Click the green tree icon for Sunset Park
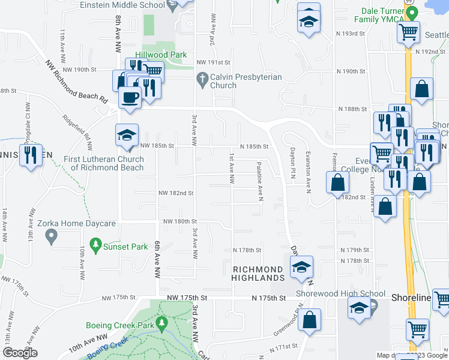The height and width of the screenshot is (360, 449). [95, 245]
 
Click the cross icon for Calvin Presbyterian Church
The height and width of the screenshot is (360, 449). [203, 79]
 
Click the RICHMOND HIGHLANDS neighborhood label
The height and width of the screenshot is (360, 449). [258, 274]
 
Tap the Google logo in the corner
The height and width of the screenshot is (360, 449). [20, 353]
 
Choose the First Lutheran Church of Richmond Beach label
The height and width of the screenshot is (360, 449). [104, 163]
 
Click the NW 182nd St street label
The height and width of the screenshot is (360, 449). [176, 193]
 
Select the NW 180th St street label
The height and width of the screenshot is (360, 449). [178, 221]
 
